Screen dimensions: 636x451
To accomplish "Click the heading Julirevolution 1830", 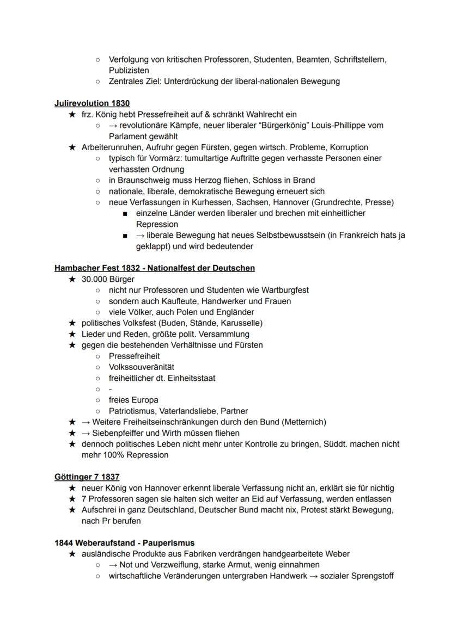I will click(92, 103).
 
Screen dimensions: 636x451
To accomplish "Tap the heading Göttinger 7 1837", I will click(87, 477).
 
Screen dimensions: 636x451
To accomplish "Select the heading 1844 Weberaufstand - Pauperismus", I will click(125, 542).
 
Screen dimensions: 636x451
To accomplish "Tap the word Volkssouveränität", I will click(142, 367).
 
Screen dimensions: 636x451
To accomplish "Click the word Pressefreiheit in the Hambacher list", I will click(135, 356).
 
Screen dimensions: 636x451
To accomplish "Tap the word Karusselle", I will click(228, 323).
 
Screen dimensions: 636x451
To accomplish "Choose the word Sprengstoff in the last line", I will click(374, 576).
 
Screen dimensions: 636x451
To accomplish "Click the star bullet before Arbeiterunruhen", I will click(71, 147).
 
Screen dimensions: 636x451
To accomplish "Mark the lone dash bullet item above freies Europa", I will click(111, 389).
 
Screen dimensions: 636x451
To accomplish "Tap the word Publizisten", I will click(129, 70).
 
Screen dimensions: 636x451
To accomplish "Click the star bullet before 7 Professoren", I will click(71, 499).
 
